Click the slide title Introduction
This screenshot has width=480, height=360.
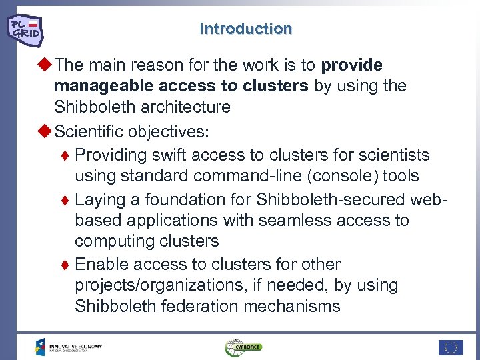[245, 29]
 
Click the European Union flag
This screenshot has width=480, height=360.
[451, 347]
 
